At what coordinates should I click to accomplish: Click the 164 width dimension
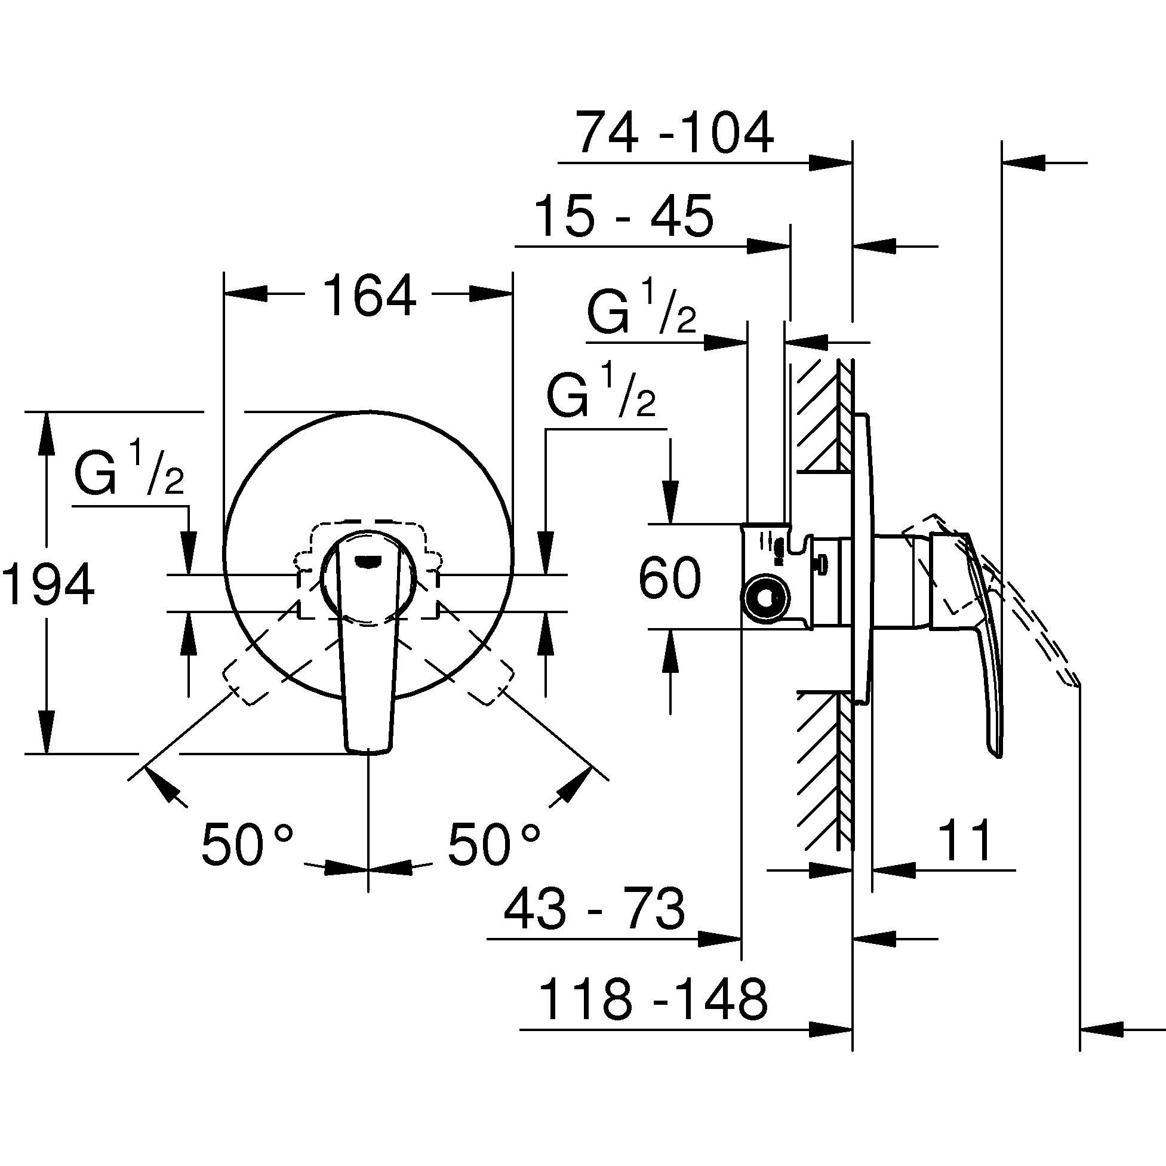click(370, 295)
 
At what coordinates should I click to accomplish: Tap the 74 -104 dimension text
click(674, 133)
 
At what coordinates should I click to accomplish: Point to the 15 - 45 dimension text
click(624, 217)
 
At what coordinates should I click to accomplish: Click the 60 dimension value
click(669, 578)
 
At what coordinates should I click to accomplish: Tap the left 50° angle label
click(247, 843)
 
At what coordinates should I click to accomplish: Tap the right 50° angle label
click(494, 843)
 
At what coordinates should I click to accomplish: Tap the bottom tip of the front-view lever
click(369, 751)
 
